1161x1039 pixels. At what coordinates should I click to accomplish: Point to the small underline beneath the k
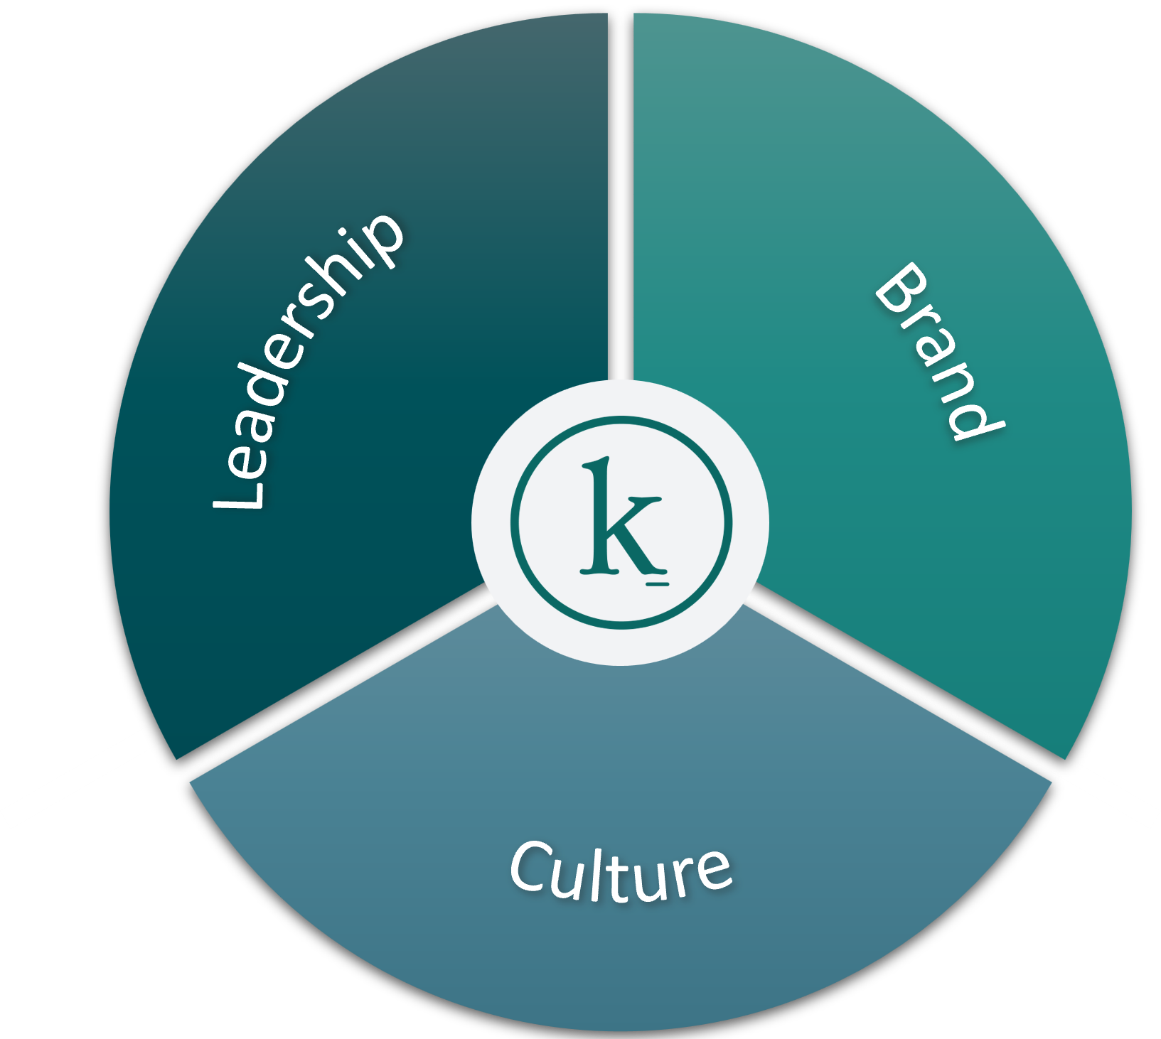tap(658, 584)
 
